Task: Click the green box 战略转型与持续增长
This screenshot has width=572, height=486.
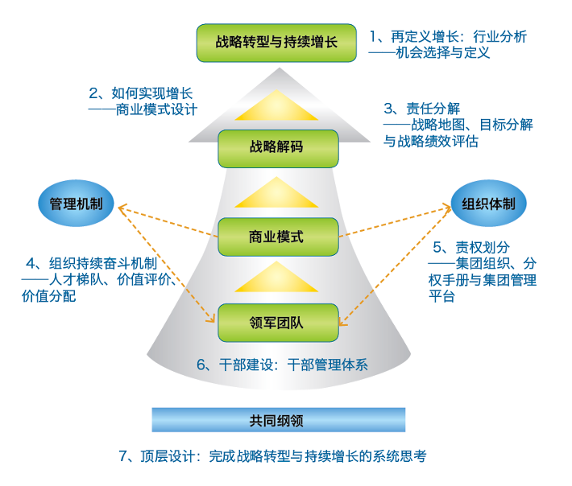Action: point(276,42)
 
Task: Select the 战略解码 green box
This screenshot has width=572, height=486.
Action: point(276,148)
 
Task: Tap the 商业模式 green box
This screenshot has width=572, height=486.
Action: point(276,237)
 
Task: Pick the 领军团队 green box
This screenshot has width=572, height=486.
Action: point(276,324)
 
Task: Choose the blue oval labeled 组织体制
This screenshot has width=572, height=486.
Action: point(488,204)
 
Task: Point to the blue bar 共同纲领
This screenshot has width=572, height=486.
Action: point(278,419)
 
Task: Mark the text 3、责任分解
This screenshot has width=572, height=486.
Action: point(421,108)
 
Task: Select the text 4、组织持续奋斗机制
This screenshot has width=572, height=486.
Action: point(91,263)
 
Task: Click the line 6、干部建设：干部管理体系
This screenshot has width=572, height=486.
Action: point(282,364)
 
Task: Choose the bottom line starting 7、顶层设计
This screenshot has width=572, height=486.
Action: point(272,456)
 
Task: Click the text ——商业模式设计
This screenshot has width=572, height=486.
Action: point(143,110)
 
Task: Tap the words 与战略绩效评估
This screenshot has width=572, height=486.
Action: point(431,142)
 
